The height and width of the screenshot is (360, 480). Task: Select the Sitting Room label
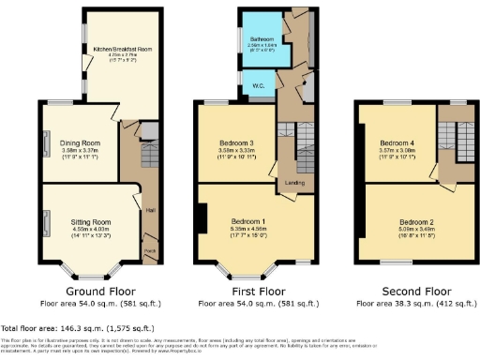[x=91, y=222]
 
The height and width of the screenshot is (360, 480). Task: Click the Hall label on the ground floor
[x=149, y=211]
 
